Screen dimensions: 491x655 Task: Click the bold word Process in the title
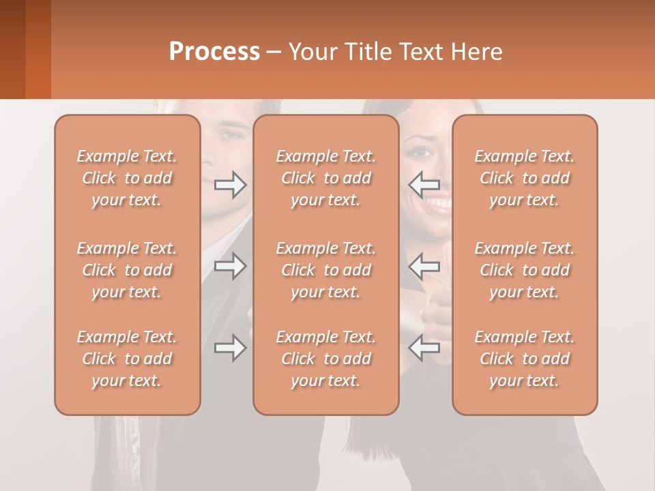point(214,51)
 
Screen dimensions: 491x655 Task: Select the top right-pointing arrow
point(230,184)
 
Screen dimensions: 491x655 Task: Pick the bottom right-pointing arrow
point(230,348)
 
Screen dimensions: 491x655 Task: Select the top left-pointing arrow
point(424,184)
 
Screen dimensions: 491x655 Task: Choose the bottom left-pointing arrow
point(424,348)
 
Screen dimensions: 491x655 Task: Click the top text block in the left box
point(127,178)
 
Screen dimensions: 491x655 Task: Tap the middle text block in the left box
point(127,270)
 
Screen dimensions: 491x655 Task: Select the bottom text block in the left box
point(127,359)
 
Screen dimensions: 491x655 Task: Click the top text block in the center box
point(326,178)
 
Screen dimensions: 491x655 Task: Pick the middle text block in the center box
point(326,270)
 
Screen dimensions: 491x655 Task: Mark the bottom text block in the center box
point(326,359)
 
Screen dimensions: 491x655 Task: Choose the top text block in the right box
point(525,178)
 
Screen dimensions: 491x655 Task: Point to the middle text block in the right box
point(525,270)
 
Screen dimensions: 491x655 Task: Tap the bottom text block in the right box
point(525,359)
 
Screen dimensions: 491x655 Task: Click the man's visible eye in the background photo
point(232,134)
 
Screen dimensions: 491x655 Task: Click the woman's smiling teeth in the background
point(439,203)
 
